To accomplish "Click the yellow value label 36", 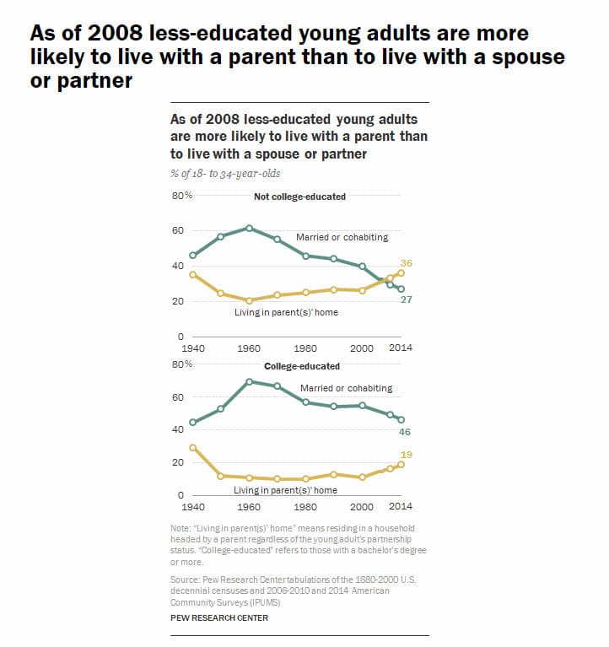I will click(406, 263).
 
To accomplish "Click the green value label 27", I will click(406, 300).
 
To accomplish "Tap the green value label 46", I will click(406, 431).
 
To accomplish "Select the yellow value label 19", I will click(406, 455).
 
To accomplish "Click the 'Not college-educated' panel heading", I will click(299, 197).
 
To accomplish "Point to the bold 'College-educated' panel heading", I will click(302, 366).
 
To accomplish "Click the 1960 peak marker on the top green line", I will click(249, 228).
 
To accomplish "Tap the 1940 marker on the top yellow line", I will click(193, 274).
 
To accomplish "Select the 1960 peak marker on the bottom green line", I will click(249, 381).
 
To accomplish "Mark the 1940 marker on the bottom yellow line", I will click(193, 447).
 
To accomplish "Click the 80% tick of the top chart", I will click(182, 196).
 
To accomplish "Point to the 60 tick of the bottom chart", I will click(178, 397).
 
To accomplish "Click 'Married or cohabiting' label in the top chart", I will click(342, 238).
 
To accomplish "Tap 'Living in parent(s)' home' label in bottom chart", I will click(285, 490).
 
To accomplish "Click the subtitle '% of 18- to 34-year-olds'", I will click(225, 173).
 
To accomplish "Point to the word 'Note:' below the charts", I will click(181, 529).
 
